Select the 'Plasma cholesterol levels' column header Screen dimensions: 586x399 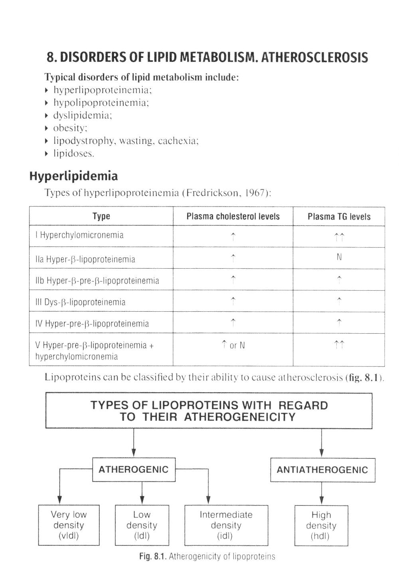tap(233, 216)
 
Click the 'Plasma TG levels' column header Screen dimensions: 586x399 tap(339, 216)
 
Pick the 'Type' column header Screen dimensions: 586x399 tap(101, 216)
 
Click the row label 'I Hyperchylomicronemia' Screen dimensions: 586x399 tap(79, 235)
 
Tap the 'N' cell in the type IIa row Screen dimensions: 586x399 tap(339, 257)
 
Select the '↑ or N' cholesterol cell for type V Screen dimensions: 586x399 tap(233, 345)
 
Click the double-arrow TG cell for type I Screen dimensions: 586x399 tap(339, 238)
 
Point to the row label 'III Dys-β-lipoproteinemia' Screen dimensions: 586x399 tap(80, 302)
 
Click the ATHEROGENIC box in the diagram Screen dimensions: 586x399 tap(134, 469)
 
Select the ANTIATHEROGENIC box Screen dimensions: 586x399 tap(322, 470)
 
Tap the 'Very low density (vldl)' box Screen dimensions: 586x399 tap(69, 525)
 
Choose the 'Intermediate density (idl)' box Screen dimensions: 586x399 tap(226, 525)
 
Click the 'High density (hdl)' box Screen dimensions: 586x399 tap(321, 525)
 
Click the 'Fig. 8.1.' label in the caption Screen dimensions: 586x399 tap(153, 557)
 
